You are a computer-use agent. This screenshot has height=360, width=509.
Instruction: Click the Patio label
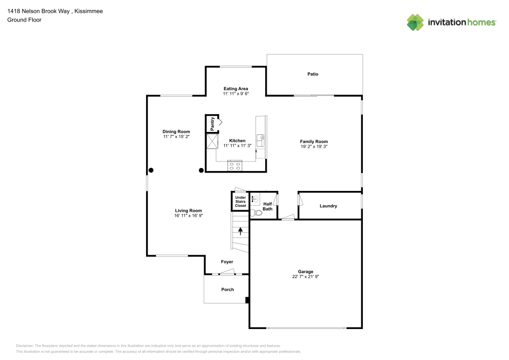click(313, 74)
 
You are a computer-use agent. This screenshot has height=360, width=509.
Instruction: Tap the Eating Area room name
click(236, 89)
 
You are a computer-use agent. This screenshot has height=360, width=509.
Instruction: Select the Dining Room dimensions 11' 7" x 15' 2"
click(176, 136)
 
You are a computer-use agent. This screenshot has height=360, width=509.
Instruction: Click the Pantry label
click(212, 124)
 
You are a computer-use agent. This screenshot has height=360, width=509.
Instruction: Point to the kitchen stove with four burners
click(235, 165)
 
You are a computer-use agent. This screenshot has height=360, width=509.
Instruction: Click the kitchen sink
click(261, 140)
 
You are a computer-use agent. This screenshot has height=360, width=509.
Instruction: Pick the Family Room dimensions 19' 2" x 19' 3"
click(314, 147)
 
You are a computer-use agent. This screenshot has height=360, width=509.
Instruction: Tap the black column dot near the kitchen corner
click(201, 170)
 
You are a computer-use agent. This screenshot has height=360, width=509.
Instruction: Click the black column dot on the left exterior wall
click(151, 170)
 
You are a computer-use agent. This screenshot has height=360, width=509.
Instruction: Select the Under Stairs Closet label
click(241, 201)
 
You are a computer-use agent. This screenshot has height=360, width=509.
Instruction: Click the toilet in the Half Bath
click(257, 213)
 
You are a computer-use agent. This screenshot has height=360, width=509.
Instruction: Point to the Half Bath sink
click(255, 199)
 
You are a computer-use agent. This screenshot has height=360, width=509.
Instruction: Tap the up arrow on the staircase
click(240, 231)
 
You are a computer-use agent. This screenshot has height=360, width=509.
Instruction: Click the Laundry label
click(328, 206)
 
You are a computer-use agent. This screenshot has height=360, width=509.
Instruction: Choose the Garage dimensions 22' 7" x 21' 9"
click(305, 276)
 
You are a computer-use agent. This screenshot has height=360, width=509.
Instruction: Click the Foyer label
click(227, 262)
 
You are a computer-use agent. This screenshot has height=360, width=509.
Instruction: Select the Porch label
click(228, 290)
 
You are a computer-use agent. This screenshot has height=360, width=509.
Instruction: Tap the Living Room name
click(188, 210)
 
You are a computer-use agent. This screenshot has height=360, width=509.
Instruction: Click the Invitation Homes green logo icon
click(415, 22)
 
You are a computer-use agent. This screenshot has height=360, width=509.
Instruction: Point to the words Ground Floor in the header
click(24, 20)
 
